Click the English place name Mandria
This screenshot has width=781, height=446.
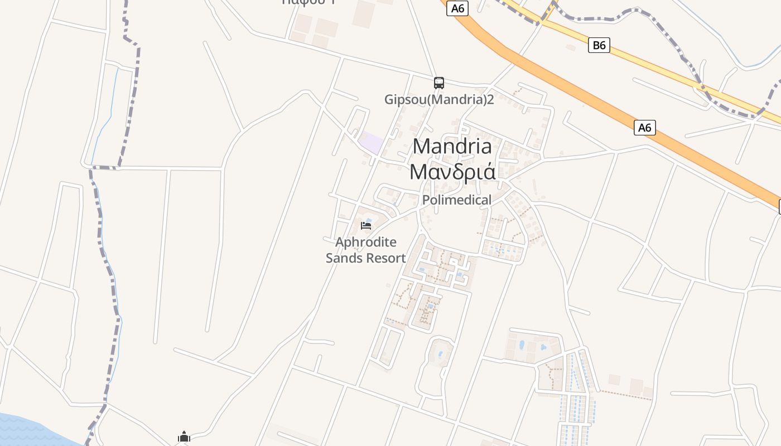pyautogui.click(x=452, y=147)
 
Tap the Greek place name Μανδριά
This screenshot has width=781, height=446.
pyautogui.click(x=452, y=172)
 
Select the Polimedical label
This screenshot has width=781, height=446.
pyautogui.click(x=457, y=200)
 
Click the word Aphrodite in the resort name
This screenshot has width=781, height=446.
pyautogui.click(x=366, y=243)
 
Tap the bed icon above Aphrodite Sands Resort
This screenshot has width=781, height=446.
pyautogui.click(x=366, y=225)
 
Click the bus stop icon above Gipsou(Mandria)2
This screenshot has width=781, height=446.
pyautogui.click(x=439, y=83)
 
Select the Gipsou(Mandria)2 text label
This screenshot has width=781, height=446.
pyautogui.click(x=439, y=100)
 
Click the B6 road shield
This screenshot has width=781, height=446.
pyautogui.click(x=599, y=45)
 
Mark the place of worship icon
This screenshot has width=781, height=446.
pyautogui.click(x=184, y=437)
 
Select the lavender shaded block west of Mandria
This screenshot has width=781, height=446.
pyautogui.click(x=371, y=143)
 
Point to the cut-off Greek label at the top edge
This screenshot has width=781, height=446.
pyautogui.click(x=310, y=2)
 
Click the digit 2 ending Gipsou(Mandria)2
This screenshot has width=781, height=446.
pyautogui.click(x=491, y=100)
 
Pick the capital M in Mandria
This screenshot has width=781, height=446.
pyautogui.click(x=422, y=147)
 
